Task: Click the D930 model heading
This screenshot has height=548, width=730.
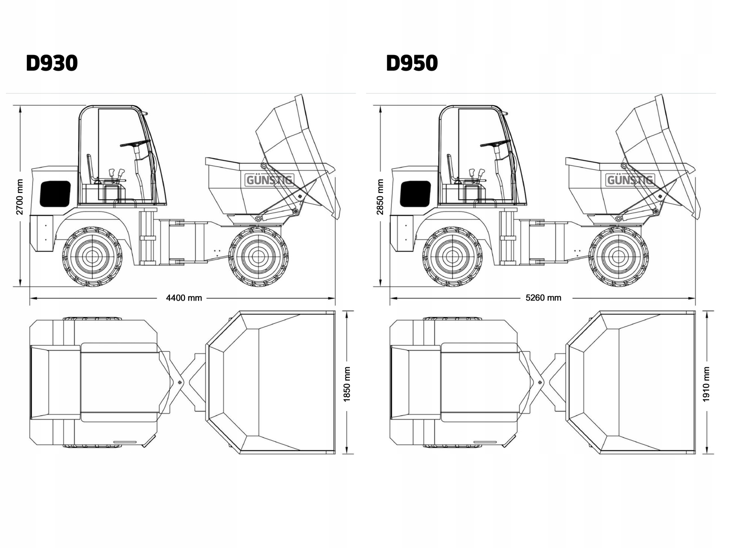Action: pyautogui.click(x=52, y=63)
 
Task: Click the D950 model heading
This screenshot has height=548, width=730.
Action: pyautogui.click(x=412, y=63)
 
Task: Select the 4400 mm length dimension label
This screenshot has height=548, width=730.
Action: pyautogui.click(x=184, y=298)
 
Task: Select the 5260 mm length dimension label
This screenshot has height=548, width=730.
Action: pyautogui.click(x=543, y=298)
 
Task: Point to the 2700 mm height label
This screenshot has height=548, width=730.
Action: pyautogui.click(x=19, y=197)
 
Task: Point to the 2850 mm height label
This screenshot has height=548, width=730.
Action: pyautogui.click(x=380, y=197)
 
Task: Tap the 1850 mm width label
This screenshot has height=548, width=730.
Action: pyautogui.click(x=347, y=384)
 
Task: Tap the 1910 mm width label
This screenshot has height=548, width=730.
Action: pyautogui.click(x=707, y=384)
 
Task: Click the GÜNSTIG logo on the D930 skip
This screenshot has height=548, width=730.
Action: pyautogui.click(x=269, y=180)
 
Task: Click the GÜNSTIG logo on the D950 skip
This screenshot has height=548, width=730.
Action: pyautogui.click(x=630, y=180)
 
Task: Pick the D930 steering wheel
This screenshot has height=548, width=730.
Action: pyautogui.click(x=135, y=143)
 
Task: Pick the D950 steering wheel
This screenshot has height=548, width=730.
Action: pyautogui.click(x=495, y=143)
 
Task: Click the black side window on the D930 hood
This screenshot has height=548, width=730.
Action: pyautogui.click(x=55, y=193)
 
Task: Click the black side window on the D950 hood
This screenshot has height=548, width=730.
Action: pyautogui.click(x=415, y=193)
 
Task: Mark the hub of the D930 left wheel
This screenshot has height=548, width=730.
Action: pyautogui.click(x=91, y=256)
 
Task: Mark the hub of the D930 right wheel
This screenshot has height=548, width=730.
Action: pyautogui.click(x=258, y=256)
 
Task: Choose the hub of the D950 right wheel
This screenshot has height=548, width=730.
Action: pyautogui.click(x=619, y=256)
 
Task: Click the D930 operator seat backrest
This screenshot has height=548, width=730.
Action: pyautogui.click(x=90, y=168)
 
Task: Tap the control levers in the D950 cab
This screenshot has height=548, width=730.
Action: pyautogui.click(x=476, y=173)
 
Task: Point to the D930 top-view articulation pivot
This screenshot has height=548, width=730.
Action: pyautogui.click(x=181, y=383)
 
